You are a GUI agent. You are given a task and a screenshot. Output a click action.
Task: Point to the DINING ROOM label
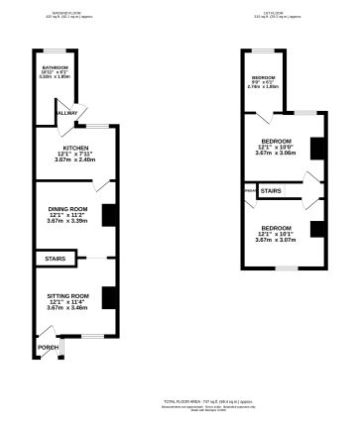point(68,207)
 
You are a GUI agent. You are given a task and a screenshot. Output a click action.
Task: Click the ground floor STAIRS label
point(55,260)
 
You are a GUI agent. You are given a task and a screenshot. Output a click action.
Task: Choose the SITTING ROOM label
point(68,295)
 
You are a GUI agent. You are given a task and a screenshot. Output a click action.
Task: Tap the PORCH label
point(48,348)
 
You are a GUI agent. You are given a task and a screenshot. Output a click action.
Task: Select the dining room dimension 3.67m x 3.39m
point(68,221)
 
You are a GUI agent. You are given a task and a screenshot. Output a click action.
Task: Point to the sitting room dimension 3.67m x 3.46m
point(68,308)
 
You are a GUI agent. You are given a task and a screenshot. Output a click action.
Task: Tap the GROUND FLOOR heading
point(66,13)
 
